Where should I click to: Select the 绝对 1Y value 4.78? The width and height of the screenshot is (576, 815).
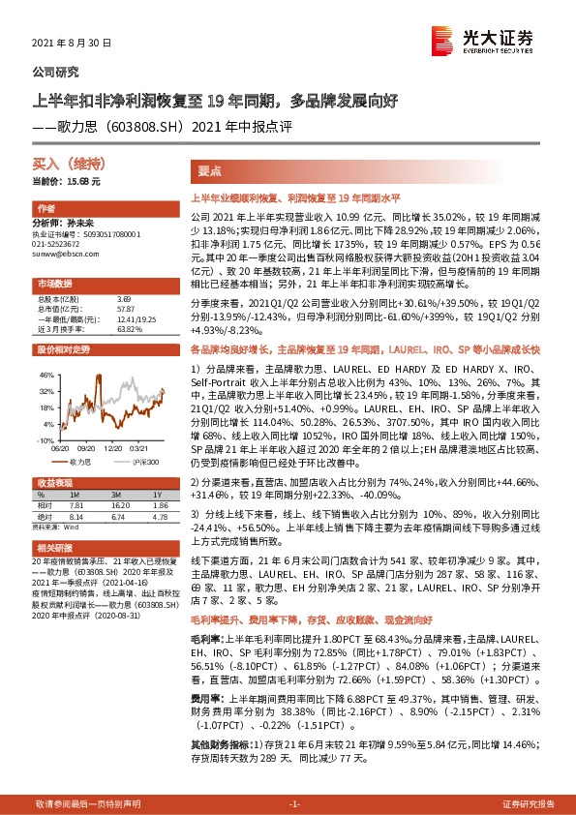pyautogui.click(x=159, y=517)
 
